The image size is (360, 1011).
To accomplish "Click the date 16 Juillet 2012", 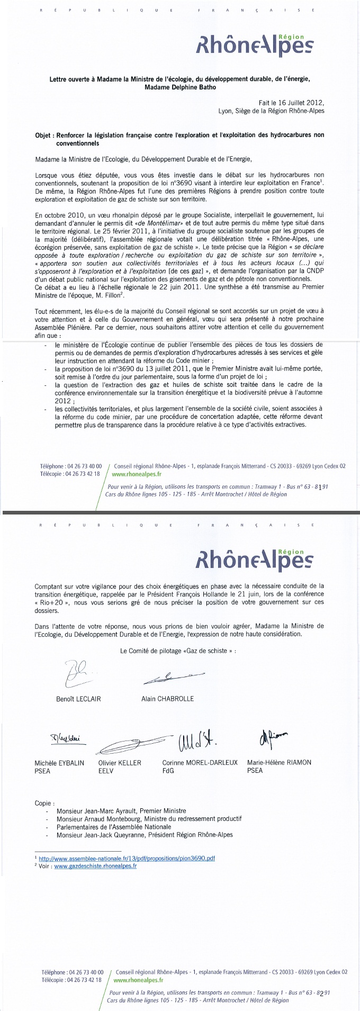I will (303, 103).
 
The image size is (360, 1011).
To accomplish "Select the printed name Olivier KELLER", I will (120, 763).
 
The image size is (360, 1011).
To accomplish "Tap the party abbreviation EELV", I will (106, 771).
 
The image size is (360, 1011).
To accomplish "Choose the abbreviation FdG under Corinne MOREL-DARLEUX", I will (168, 771).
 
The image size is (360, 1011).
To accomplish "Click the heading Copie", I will (44, 803).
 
